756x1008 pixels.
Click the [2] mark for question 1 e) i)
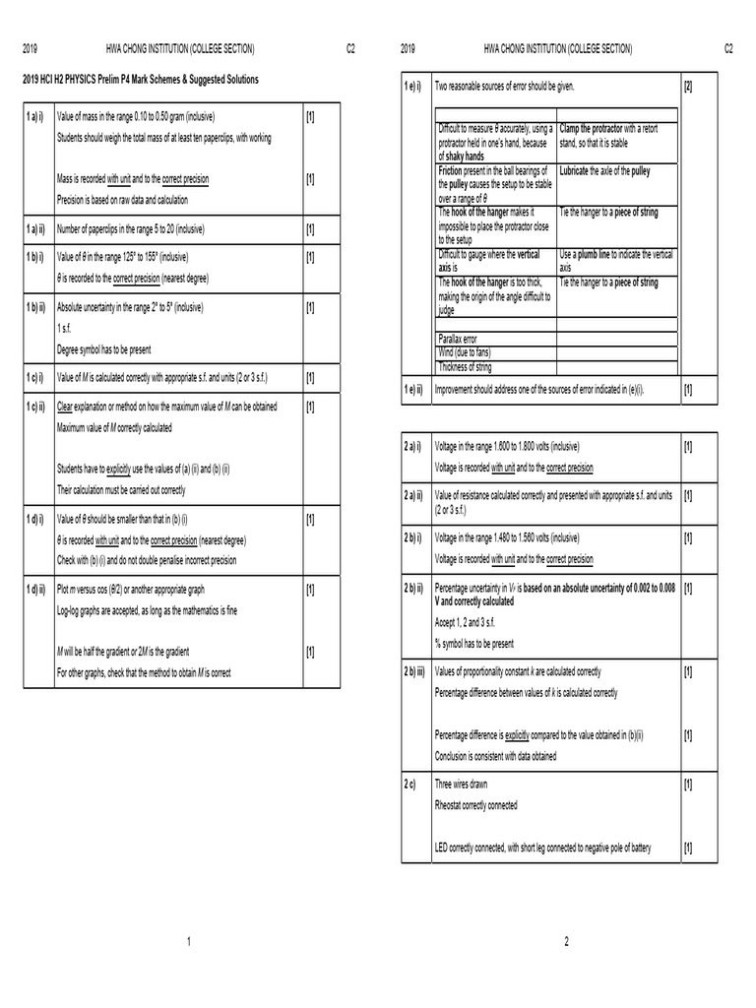687,88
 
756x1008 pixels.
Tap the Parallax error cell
457,339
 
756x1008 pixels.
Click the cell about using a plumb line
615,260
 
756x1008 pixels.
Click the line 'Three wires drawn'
461,785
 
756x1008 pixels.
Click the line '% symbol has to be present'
473,644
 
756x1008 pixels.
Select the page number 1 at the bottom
188,943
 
